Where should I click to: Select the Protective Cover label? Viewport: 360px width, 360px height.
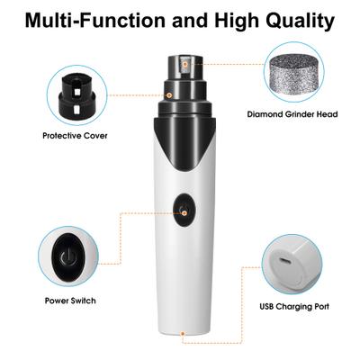click(x=75, y=136)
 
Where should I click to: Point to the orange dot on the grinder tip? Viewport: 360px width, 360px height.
click(x=185, y=65)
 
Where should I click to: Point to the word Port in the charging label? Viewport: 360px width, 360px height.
click(x=321, y=306)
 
